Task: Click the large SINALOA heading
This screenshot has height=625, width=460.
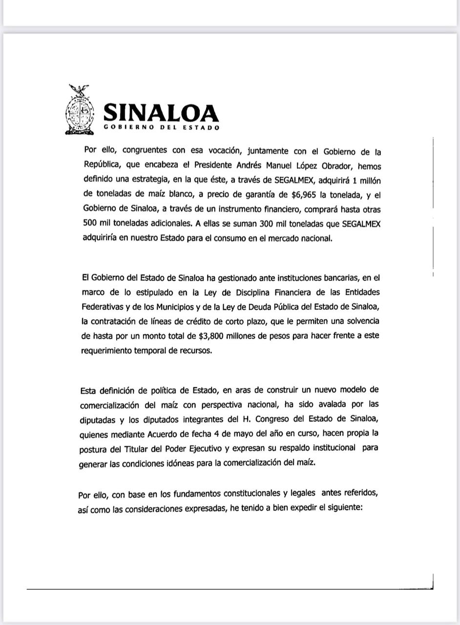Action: [x=161, y=113]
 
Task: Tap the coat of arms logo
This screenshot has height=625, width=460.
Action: [x=80, y=110]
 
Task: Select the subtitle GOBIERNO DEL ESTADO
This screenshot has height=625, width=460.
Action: [x=162, y=128]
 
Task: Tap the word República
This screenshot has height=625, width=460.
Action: [x=102, y=165]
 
